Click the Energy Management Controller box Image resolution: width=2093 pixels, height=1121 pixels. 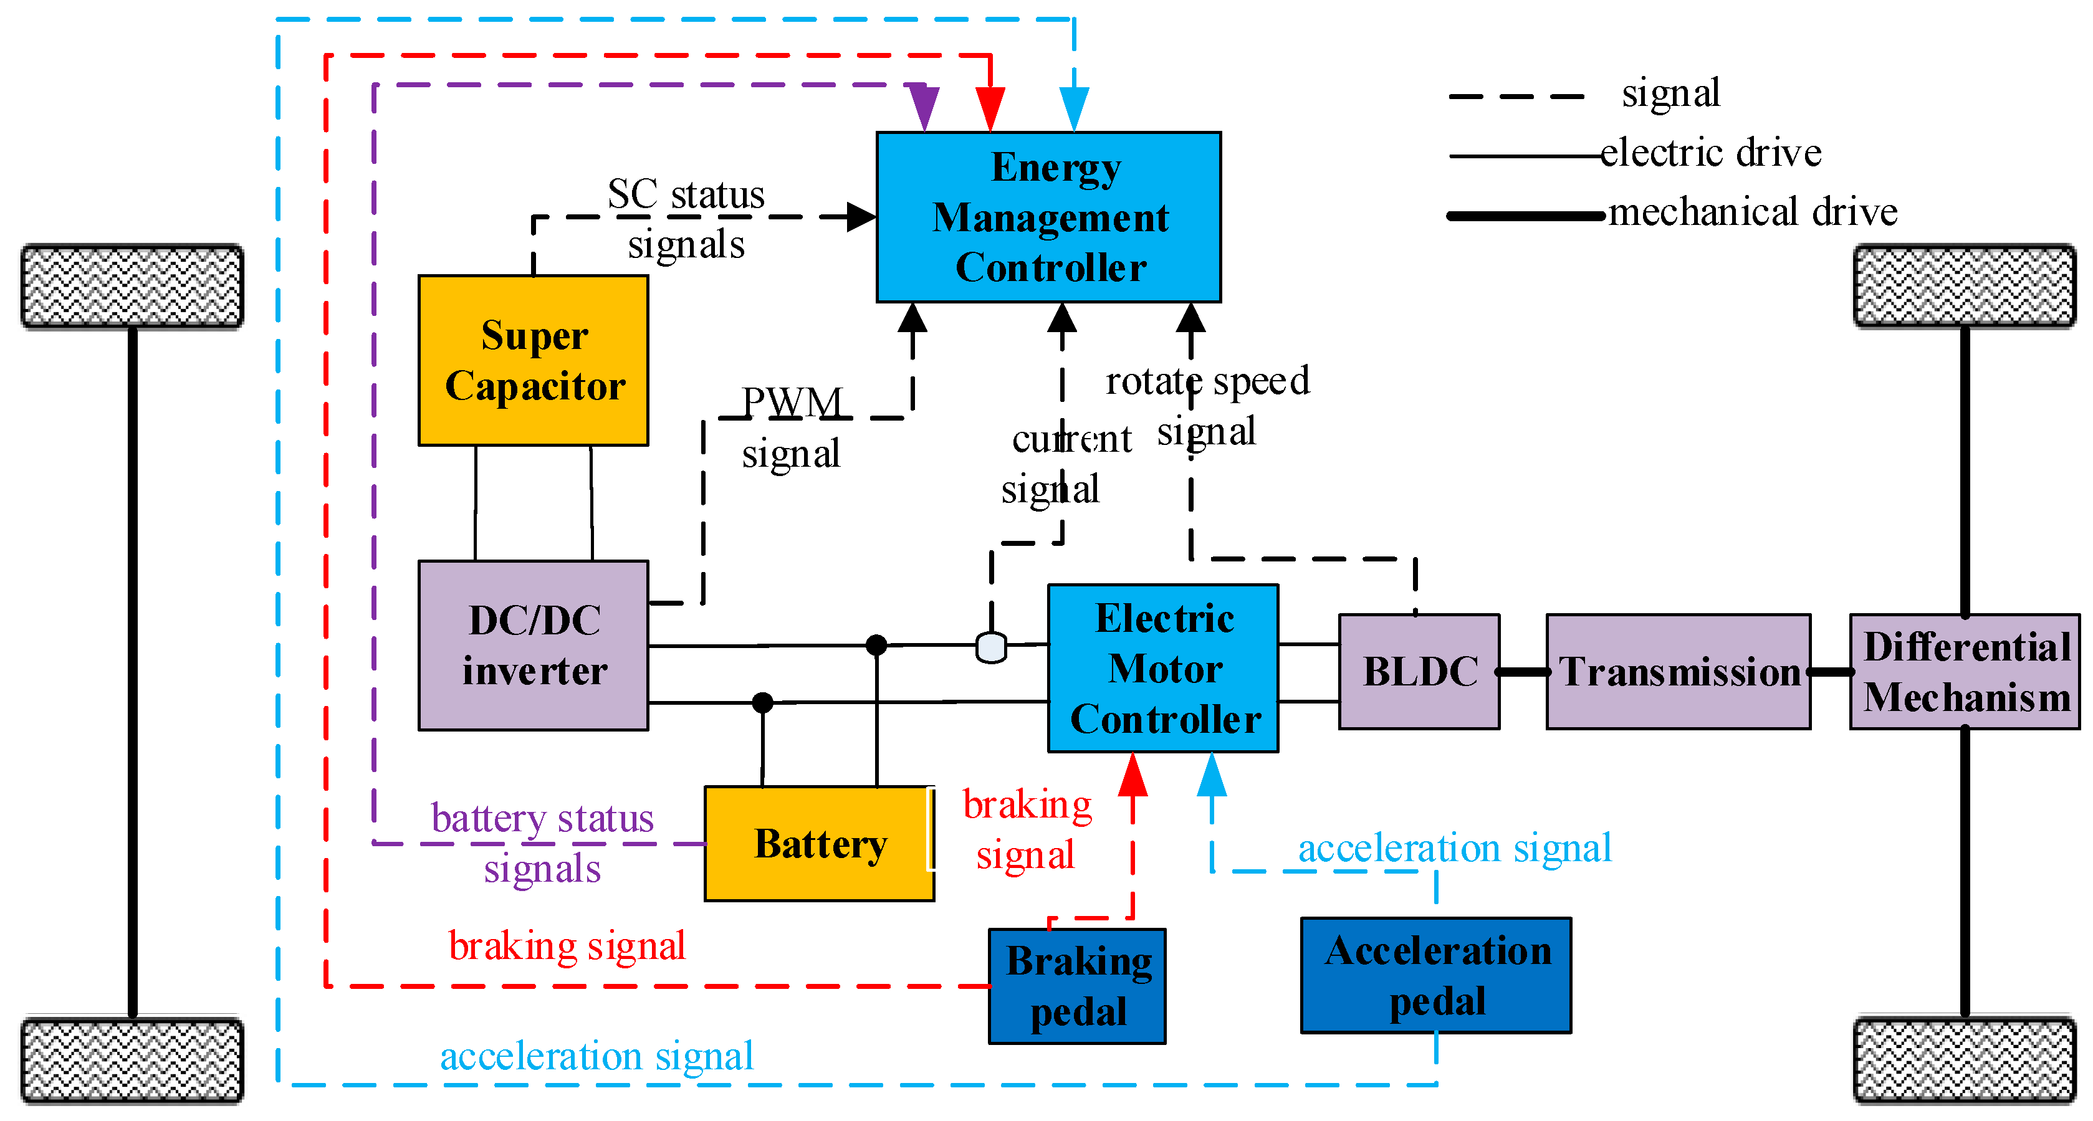tap(1048, 217)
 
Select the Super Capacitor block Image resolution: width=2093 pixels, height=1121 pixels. tap(533, 360)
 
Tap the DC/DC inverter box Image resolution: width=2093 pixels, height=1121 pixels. tap(533, 645)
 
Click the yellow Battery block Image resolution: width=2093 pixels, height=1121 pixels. tap(819, 843)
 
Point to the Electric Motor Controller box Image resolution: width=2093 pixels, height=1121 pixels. tap(1162, 668)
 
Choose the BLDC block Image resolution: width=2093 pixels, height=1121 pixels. tap(1419, 671)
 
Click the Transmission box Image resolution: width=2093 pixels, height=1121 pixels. tap(1678, 671)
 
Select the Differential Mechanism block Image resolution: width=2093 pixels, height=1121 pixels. tap(1965, 671)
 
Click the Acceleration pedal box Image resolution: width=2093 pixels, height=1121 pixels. tap(1435, 975)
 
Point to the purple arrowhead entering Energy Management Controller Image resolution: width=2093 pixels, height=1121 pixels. tap(924, 105)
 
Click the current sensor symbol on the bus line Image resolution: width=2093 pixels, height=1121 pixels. tap(991, 647)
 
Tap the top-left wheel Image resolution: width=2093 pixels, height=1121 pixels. tap(132, 286)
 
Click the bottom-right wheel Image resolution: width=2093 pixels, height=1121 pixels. tap(1965, 1060)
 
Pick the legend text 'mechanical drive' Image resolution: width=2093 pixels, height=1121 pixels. tap(1753, 211)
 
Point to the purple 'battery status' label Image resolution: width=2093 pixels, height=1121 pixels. tap(542, 818)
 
